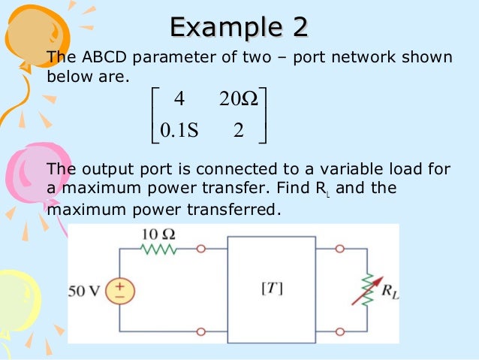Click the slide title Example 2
tap(239, 28)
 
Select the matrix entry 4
tap(178, 99)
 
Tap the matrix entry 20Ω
tap(240, 99)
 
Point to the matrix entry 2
tap(239, 131)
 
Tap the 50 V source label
tap(88, 290)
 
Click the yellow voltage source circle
tap(119, 290)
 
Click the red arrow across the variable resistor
tap(364, 290)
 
